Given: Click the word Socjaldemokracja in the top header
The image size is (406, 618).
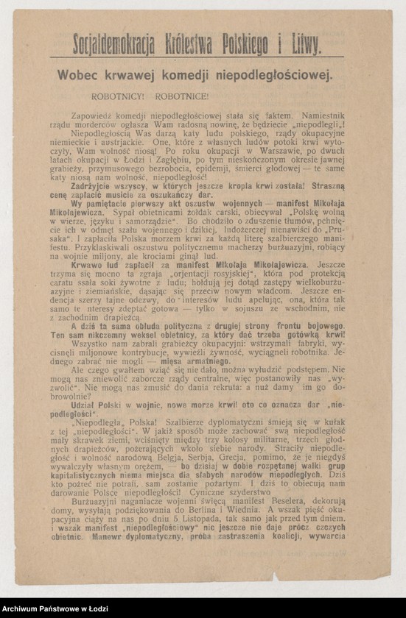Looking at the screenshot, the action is [113, 46].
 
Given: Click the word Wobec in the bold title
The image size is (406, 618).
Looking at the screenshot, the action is [80, 74].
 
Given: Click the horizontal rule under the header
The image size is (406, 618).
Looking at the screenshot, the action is [197, 57].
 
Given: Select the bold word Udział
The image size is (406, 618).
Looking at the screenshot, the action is [87, 405].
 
